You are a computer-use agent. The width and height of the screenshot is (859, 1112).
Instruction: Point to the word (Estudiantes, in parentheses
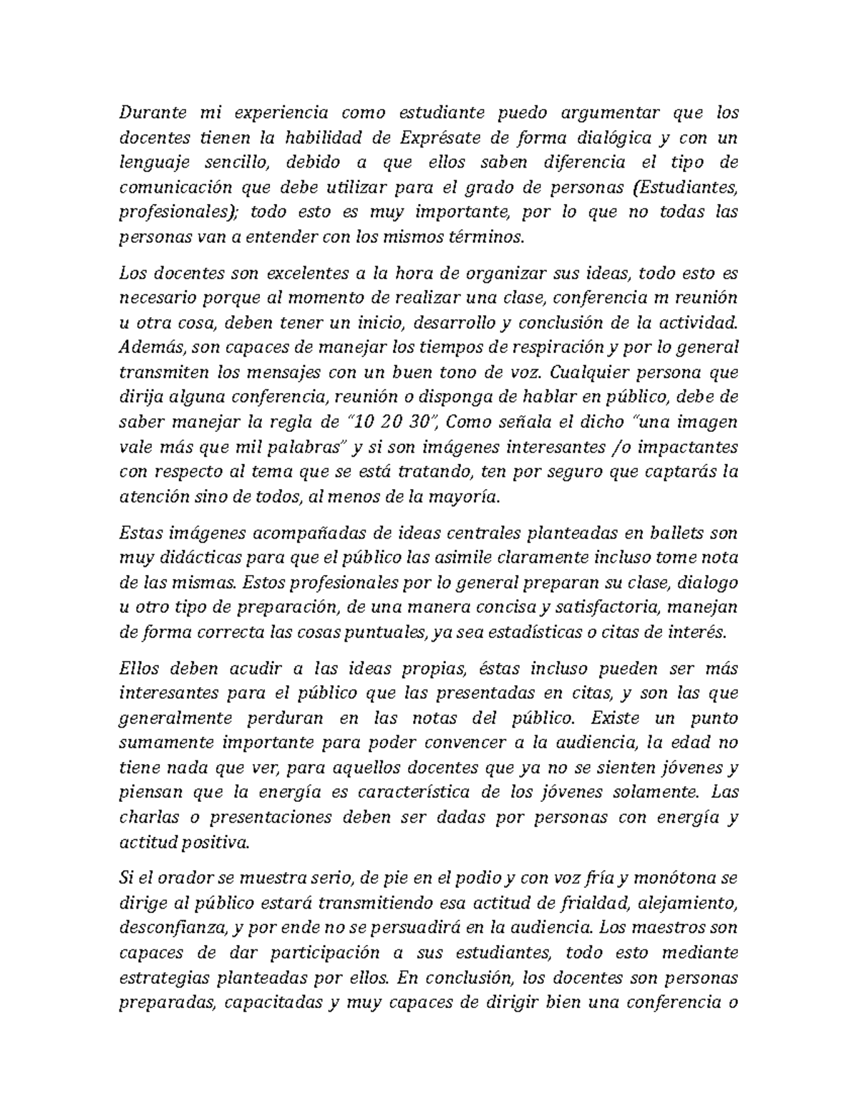coord(686,187)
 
